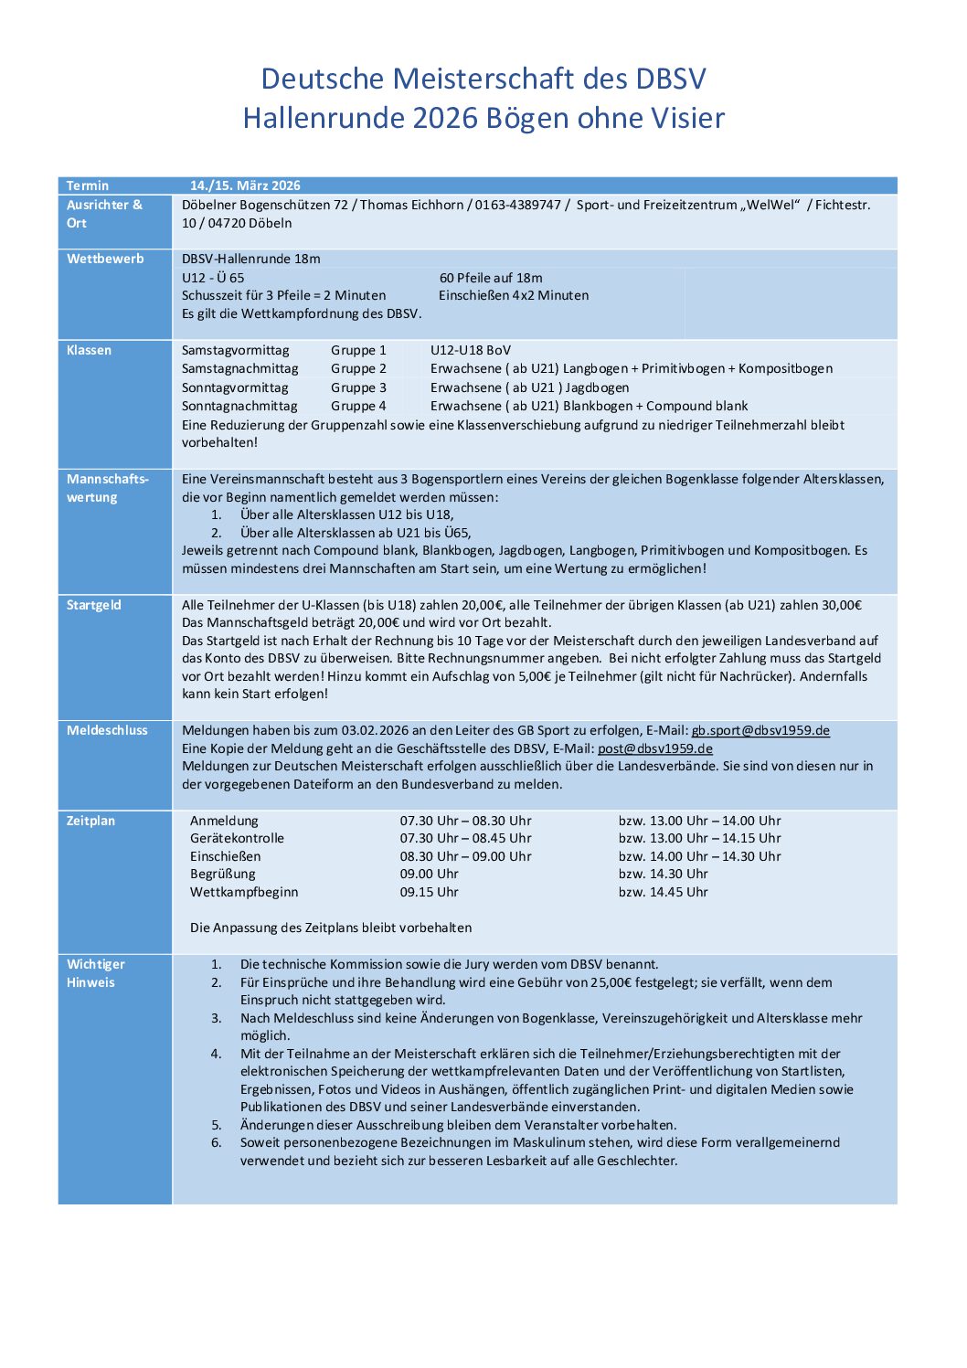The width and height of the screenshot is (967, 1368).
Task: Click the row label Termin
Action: point(87,186)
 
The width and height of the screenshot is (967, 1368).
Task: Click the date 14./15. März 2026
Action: point(245,186)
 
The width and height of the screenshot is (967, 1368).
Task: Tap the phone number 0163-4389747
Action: point(517,205)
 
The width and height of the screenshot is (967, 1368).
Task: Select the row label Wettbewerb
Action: point(105,259)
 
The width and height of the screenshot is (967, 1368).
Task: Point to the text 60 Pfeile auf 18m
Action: point(491,278)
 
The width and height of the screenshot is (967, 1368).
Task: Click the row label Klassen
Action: point(89,350)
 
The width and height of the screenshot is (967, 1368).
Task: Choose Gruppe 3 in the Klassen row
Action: point(358,387)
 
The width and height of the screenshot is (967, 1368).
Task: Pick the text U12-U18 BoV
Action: point(471,350)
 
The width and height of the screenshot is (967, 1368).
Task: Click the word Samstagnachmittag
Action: point(239,368)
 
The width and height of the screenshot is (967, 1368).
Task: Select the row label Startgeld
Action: point(93,605)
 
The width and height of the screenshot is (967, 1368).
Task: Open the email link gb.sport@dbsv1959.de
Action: point(760,730)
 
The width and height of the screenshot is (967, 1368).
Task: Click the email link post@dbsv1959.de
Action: point(654,748)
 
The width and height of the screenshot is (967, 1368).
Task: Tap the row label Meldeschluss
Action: point(107,730)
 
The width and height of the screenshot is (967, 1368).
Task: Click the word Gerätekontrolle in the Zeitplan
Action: point(237,838)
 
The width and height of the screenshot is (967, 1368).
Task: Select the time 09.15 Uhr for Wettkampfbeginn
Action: point(429,892)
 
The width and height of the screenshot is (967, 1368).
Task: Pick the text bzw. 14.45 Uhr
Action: point(663,892)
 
